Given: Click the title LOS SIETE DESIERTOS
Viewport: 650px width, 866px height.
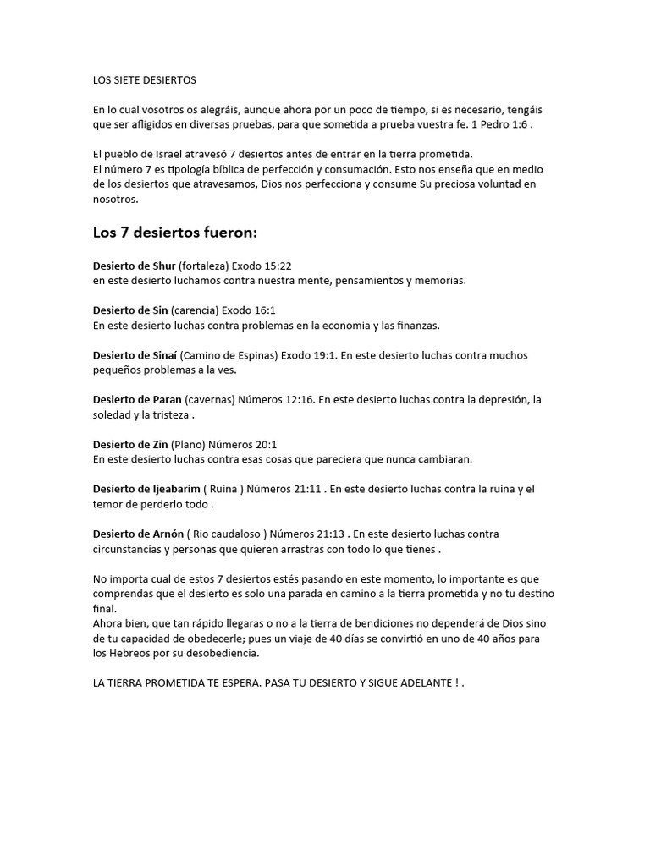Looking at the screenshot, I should pyautogui.click(x=144, y=80).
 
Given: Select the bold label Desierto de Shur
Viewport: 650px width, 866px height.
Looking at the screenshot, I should pyautogui.click(x=134, y=266).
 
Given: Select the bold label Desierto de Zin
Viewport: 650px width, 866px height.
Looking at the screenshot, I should pyautogui.click(x=130, y=444).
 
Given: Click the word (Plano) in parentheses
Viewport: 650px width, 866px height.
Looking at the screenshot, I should pyautogui.click(x=187, y=444).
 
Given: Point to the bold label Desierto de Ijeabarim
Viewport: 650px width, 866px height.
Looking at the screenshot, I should pyautogui.click(x=146, y=489).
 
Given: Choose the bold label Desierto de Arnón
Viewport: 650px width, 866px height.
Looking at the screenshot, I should pyautogui.click(x=138, y=534).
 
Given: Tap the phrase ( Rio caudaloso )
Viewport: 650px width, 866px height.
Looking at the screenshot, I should pyautogui.click(x=230, y=534).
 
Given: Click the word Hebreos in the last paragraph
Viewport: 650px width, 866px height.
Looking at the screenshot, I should pyautogui.click(x=130, y=653).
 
